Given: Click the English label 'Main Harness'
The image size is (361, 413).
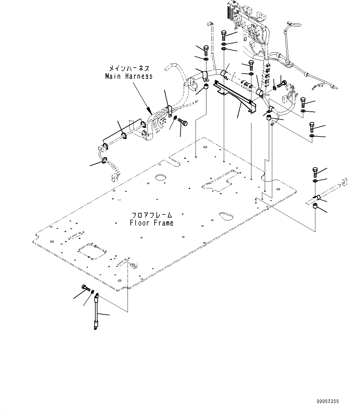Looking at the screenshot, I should [x=129, y=76].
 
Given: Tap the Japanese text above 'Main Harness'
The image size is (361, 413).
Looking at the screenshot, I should [x=129, y=68].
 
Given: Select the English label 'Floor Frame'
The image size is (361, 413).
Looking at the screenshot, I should [x=152, y=223].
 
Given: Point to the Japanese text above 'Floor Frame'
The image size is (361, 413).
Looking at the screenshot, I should [x=152, y=215].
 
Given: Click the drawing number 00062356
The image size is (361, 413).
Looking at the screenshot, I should [x=328, y=401].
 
